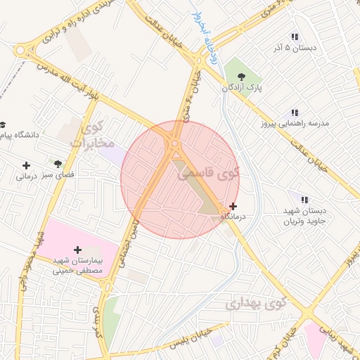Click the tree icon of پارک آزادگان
pos(241,75)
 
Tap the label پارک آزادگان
pos(242,89)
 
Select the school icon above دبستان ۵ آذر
pos(295,37)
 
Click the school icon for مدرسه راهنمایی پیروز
pos(295,112)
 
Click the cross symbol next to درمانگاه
pos(233,206)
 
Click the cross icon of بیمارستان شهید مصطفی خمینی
pos(77,250)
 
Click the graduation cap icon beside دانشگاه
pos(2,123)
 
